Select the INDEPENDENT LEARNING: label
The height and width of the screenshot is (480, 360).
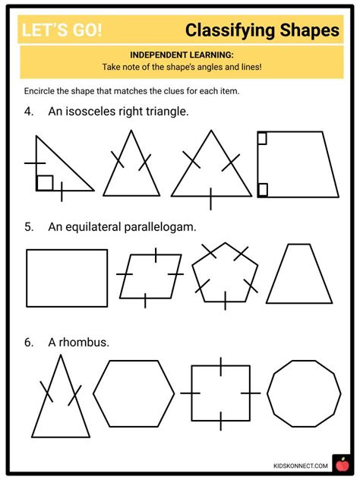coord(180,55)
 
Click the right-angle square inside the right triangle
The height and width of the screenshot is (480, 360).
coord(45,183)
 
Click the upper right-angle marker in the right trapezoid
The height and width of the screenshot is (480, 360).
coord(262,138)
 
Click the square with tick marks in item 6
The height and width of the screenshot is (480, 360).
coord(220,393)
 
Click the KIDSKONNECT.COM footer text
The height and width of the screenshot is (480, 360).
coord(298,466)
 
